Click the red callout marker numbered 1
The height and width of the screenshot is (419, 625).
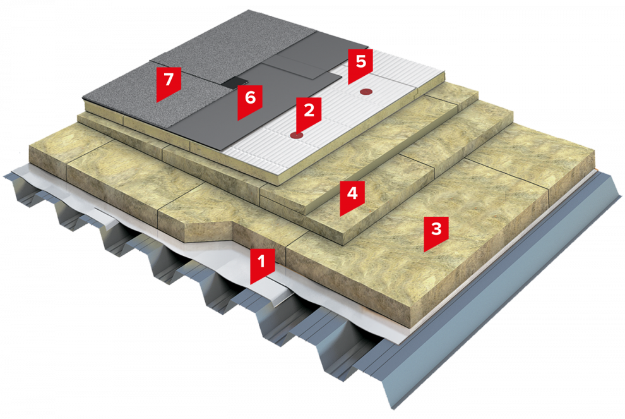pos(262,264)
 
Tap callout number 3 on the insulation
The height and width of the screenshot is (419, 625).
pos(436,231)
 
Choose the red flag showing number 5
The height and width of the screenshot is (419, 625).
pos(360,64)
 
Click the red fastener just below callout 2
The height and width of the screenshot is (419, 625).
pos(297,135)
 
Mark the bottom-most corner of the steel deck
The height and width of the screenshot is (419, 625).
pos(395,410)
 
